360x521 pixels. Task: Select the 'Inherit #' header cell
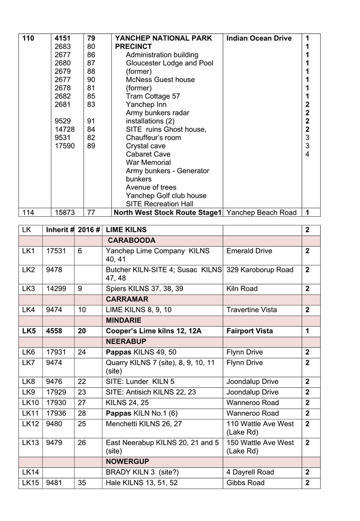click(x=60, y=230)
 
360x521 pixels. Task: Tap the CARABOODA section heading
click(x=132, y=240)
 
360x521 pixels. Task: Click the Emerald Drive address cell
click(x=249, y=251)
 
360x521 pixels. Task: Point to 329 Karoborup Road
click(x=260, y=270)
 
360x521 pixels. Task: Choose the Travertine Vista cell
click(x=252, y=310)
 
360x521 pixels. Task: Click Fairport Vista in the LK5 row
click(x=250, y=331)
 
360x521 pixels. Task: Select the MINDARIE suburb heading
click(x=127, y=320)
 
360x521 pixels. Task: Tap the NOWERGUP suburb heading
click(x=127, y=462)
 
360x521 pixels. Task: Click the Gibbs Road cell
click(x=245, y=483)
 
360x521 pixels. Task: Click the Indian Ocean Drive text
click(x=259, y=38)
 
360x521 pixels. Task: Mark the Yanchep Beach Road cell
click(x=261, y=212)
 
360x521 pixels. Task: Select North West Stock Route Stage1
click(x=167, y=212)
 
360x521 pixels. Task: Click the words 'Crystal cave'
click(x=145, y=146)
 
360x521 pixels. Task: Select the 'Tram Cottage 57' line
click(x=153, y=96)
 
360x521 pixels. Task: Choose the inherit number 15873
click(x=65, y=212)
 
